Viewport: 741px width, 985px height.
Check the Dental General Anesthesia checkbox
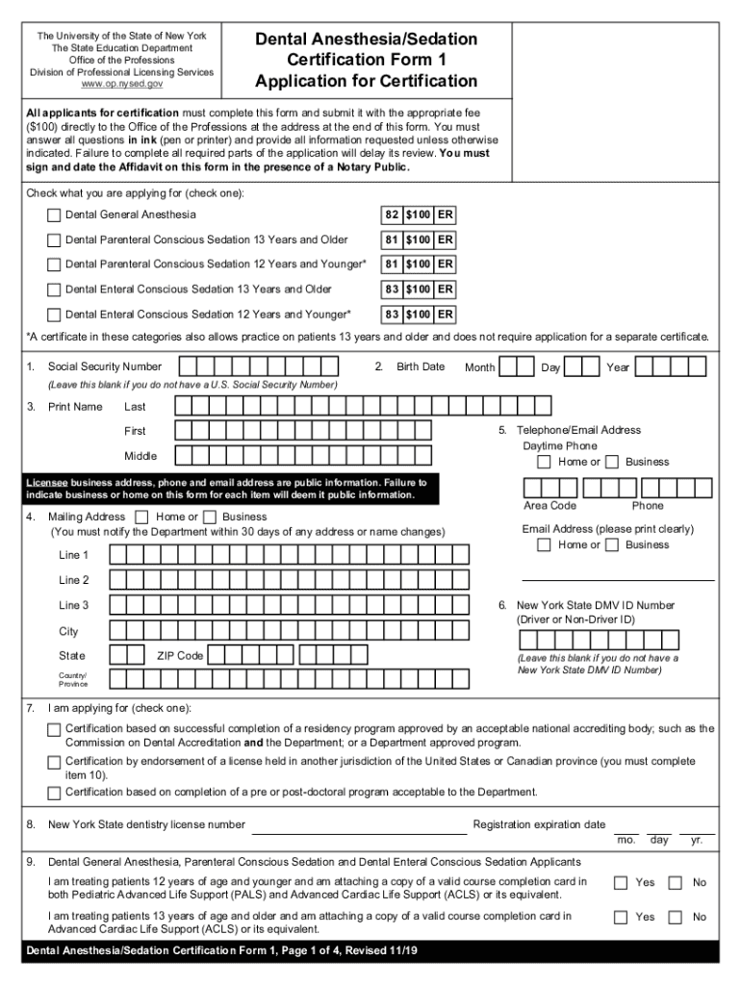55,215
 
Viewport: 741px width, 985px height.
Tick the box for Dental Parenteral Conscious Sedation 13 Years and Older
55,240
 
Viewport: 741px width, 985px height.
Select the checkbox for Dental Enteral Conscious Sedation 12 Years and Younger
55,315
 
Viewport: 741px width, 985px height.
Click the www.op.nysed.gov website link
121,85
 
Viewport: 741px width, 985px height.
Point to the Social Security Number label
105,366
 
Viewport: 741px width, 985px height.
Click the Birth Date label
421,366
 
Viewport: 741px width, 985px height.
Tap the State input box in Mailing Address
125,655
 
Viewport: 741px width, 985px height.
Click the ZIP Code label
180,656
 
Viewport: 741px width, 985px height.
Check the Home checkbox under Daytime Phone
545,463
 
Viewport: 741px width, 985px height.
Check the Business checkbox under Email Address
612,545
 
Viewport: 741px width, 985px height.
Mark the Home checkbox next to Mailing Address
142,517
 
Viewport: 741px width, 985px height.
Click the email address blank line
618,579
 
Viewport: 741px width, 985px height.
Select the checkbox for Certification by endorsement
55,762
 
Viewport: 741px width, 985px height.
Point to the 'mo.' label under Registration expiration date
626,840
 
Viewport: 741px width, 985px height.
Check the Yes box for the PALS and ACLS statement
622,882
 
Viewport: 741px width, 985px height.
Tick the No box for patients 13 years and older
676,917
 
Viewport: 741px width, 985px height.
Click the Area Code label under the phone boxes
549,506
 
